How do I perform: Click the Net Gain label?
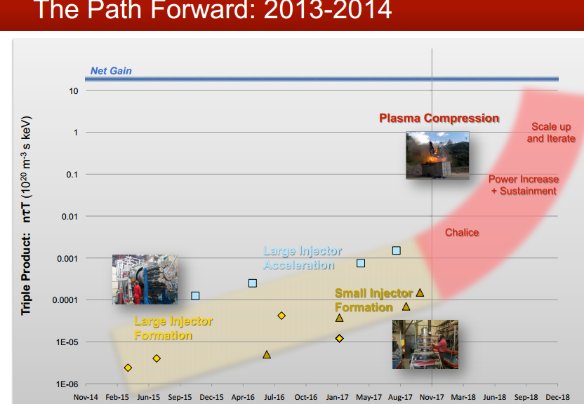click(x=111, y=71)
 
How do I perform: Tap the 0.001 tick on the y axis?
click(x=67, y=259)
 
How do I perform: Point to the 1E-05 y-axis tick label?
click(x=67, y=342)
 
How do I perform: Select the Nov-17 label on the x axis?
click(x=432, y=397)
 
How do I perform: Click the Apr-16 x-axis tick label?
click(x=243, y=397)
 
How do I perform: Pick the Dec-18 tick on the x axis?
click(x=557, y=397)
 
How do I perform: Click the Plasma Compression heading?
click(x=439, y=119)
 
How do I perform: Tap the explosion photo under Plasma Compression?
click(x=437, y=155)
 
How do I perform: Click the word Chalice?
click(x=462, y=232)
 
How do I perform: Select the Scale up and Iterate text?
click(x=551, y=133)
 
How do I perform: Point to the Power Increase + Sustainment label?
click(x=524, y=185)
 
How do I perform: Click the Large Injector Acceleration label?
click(x=303, y=258)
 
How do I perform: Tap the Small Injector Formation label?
click(x=373, y=300)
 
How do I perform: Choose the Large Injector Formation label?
click(x=173, y=328)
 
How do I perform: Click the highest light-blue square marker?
click(x=397, y=250)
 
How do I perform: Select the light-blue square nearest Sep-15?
click(x=195, y=296)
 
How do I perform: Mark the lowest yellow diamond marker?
click(x=128, y=368)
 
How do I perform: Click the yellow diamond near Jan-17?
click(x=339, y=338)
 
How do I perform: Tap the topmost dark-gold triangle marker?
click(x=420, y=292)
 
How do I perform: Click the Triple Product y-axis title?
click(x=26, y=216)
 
